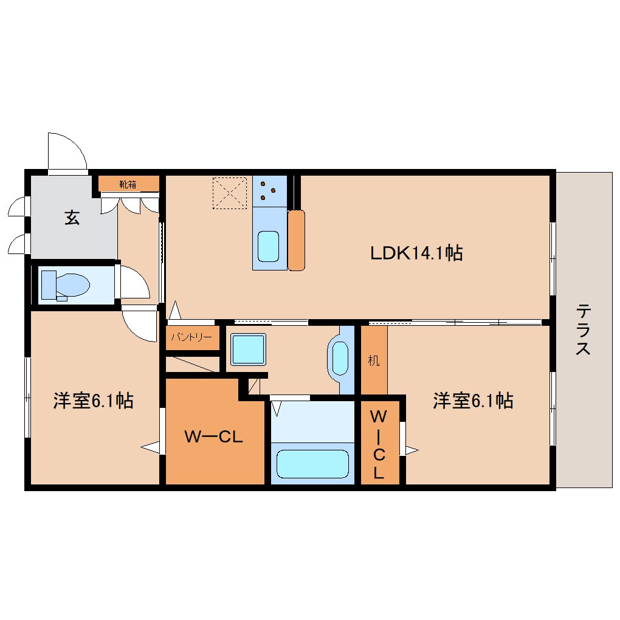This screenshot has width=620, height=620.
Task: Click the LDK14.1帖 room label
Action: pos(416,253)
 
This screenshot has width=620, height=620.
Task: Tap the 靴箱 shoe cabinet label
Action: pos(128,184)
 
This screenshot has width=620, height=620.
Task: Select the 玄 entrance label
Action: pos(72,217)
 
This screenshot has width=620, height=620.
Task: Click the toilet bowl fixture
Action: pos(66,284)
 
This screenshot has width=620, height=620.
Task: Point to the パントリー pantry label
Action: pos(191,337)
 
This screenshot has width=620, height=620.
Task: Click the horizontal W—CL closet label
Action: pos(213,436)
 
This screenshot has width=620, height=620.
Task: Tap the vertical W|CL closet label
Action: pos(379,444)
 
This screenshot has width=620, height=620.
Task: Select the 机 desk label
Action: pos(374,360)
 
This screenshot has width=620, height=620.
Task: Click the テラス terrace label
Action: pos(584,329)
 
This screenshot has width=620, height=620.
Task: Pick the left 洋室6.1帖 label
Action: pos(94,401)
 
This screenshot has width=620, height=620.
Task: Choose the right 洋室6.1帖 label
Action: pos(474,401)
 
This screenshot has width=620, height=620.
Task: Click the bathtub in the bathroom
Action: pos(312,464)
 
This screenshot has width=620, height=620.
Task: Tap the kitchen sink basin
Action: pos(269,246)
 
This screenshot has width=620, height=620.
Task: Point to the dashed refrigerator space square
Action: pos(230,193)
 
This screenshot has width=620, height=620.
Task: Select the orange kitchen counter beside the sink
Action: pos(296,241)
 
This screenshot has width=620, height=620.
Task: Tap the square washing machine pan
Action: pos(249,349)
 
